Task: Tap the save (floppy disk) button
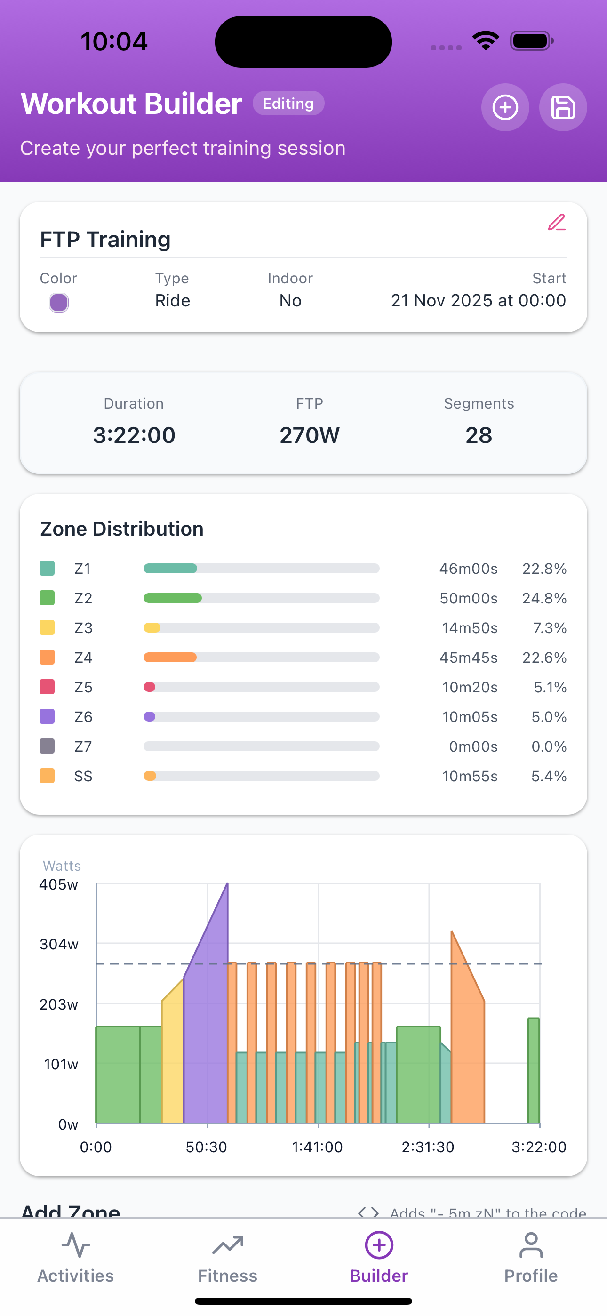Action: [x=563, y=107]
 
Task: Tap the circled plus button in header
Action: [x=505, y=107]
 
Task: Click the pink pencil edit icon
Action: [x=556, y=223]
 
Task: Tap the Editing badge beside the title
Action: [x=288, y=103]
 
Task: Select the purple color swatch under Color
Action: [x=59, y=303]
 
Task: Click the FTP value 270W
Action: [x=309, y=435]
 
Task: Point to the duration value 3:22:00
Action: [x=134, y=435]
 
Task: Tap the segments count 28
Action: [x=478, y=435]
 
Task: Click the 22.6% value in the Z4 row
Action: [x=544, y=658]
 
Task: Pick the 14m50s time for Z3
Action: [x=469, y=628]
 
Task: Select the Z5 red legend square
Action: [x=47, y=687]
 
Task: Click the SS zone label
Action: [x=83, y=776]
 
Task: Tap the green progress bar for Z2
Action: [x=173, y=598]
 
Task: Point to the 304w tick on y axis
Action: [x=59, y=944]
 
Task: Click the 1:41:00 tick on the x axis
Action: [x=317, y=1147]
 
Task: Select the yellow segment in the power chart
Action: [x=173, y=1063]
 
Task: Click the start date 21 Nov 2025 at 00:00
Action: [x=478, y=300]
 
